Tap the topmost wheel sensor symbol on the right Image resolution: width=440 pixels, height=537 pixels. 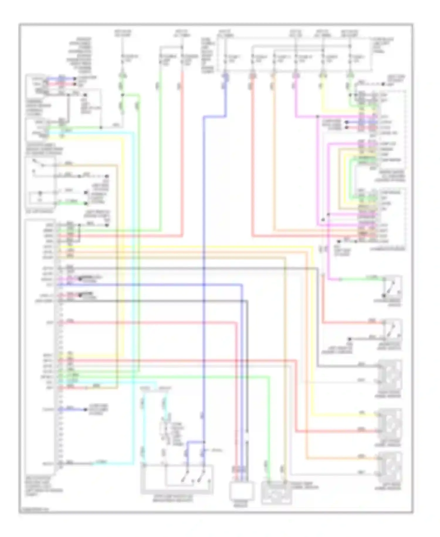click(x=390, y=375)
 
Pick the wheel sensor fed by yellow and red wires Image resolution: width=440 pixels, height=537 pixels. click(x=390, y=423)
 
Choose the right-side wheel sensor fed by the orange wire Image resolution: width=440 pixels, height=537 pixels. click(x=390, y=467)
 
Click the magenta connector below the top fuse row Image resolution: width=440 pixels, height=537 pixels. click(x=296, y=77)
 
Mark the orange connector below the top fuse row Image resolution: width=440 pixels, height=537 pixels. click(x=273, y=77)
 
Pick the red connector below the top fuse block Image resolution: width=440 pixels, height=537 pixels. click(x=252, y=77)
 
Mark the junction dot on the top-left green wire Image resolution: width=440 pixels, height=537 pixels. click(x=123, y=95)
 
